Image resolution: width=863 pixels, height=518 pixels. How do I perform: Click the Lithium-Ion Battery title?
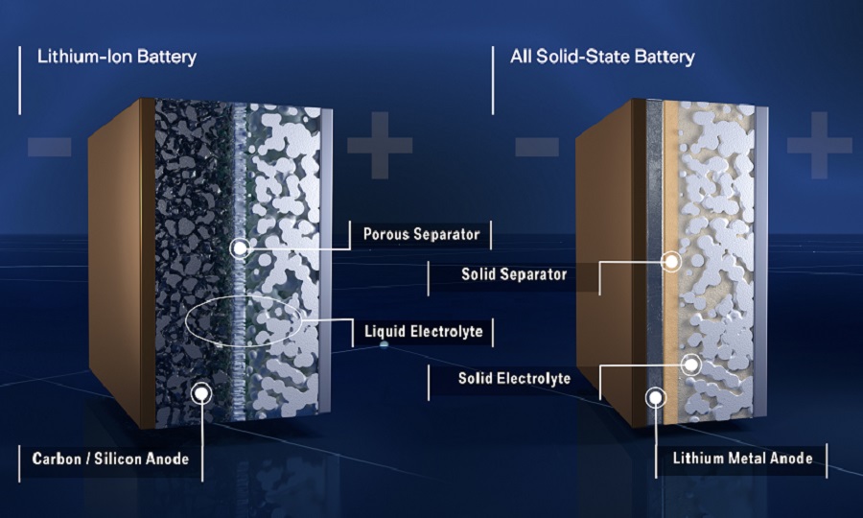tap(116, 57)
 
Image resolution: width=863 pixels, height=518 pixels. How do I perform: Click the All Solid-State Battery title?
tap(602, 57)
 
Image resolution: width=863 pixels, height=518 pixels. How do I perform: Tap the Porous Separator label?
tap(421, 233)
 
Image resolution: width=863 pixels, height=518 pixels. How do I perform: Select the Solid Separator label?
tap(514, 274)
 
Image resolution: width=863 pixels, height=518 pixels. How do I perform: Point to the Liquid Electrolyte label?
tap(423, 333)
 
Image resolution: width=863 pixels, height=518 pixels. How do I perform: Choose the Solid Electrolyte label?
tap(514, 378)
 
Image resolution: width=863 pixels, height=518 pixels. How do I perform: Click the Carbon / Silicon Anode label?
tap(110, 459)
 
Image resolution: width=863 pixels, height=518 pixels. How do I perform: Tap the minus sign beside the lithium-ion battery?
tap(49, 146)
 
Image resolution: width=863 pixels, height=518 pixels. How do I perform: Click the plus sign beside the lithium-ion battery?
tap(379, 146)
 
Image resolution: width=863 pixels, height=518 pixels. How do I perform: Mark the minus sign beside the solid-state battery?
tap(537, 146)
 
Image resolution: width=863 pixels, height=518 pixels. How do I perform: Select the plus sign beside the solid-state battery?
tap(819, 146)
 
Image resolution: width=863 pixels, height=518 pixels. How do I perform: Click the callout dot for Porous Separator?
tap(240, 248)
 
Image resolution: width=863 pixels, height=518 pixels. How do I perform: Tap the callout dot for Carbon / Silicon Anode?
tap(200, 390)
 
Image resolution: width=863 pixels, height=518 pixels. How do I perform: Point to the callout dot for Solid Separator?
tap(672, 260)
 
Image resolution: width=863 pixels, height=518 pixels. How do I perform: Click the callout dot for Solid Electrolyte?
tap(689, 364)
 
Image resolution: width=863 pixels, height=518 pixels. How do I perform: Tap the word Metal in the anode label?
tap(748, 459)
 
